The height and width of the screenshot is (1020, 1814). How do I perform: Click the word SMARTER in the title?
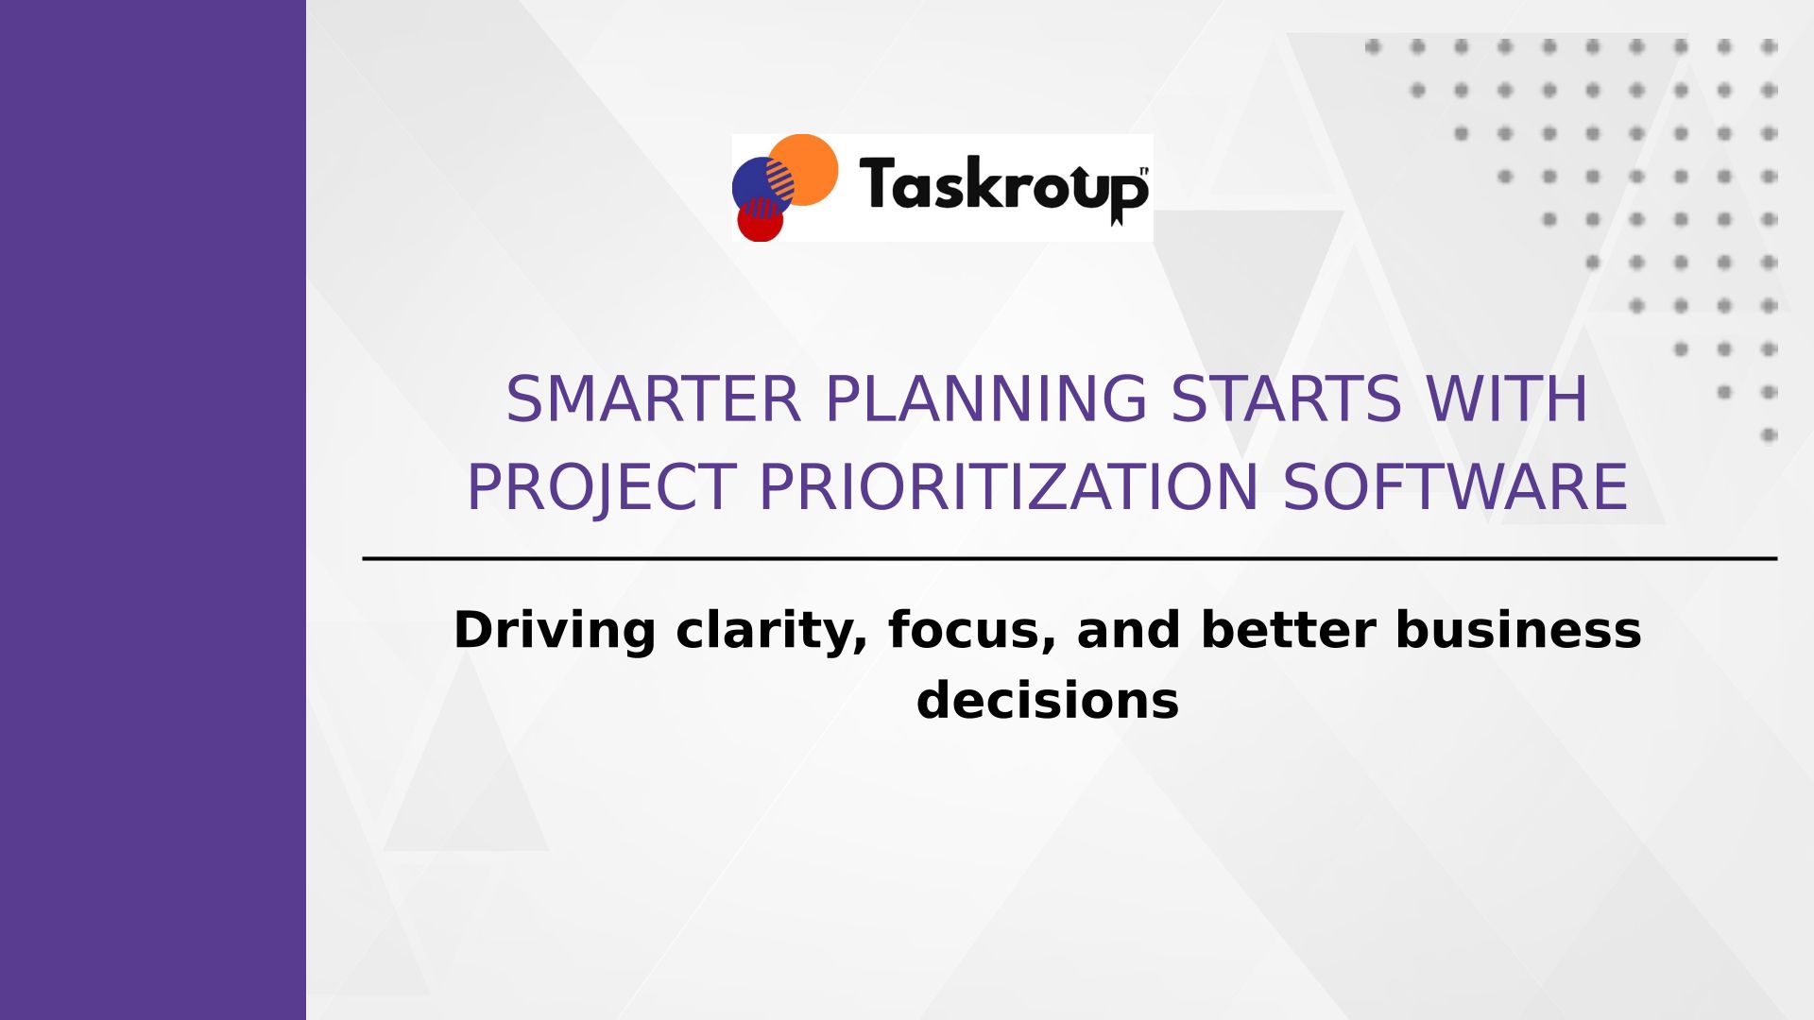click(x=653, y=399)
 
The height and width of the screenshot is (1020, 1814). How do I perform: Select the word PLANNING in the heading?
click(x=986, y=399)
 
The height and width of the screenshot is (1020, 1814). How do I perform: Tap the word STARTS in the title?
click(x=1286, y=399)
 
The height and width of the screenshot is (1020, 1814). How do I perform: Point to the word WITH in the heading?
click(x=1507, y=399)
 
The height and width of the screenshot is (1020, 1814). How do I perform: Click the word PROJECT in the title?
click(x=601, y=488)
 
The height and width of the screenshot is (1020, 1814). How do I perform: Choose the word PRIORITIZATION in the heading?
click(x=1008, y=487)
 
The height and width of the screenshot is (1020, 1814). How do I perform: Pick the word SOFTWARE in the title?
click(x=1455, y=487)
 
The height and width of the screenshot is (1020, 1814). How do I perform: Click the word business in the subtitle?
click(x=1518, y=630)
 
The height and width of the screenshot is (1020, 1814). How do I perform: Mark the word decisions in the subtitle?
click(x=1048, y=701)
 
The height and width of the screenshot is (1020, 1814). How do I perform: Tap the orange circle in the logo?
click(x=804, y=169)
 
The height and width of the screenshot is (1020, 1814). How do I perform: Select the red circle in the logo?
click(x=761, y=221)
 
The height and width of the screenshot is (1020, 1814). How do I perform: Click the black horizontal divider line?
click(x=1070, y=559)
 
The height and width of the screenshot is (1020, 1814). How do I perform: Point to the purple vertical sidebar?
click(x=153, y=510)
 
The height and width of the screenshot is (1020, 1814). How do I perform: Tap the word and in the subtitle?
click(x=1129, y=630)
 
